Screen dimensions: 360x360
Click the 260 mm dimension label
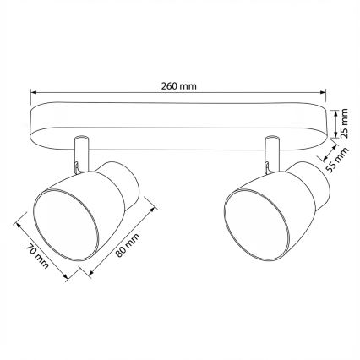click(180, 85)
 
